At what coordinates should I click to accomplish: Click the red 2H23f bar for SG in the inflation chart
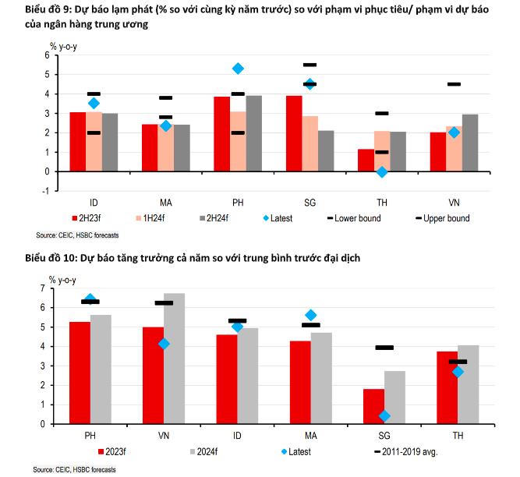[294, 132]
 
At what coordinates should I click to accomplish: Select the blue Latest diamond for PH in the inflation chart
[238, 69]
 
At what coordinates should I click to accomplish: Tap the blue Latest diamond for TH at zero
[382, 171]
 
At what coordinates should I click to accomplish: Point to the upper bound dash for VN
[454, 84]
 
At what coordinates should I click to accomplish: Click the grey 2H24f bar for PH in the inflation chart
[253, 132]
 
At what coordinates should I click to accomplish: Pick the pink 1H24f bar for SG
[310, 143]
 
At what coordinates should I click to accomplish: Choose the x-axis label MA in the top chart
[165, 200]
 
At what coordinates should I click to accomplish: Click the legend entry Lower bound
[357, 218]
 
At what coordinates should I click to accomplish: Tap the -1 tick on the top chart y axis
[46, 191]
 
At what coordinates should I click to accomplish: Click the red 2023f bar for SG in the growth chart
[373, 405]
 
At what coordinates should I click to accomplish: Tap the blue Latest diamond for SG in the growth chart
[384, 416]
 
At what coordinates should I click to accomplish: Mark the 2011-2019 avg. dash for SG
[384, 348]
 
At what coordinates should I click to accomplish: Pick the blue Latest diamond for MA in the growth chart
[311, 315]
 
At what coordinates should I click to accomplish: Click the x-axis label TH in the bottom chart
[458, 433]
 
